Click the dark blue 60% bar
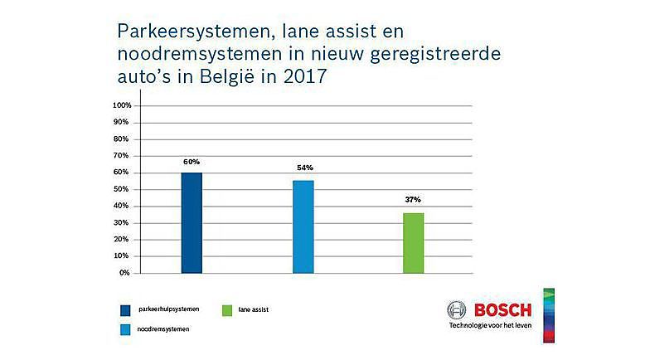[191, 222]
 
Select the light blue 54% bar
[303, 226]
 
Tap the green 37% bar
[413, 242]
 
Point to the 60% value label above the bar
[192, 161]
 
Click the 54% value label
[303, 168]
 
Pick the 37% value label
[413, 200]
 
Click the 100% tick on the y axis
[121, 106]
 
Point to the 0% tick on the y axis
[124, 273]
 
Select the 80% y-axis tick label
[123, 139]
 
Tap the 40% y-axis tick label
[123, 206]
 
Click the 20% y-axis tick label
[123, 240]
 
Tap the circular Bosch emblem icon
[457, 311]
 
